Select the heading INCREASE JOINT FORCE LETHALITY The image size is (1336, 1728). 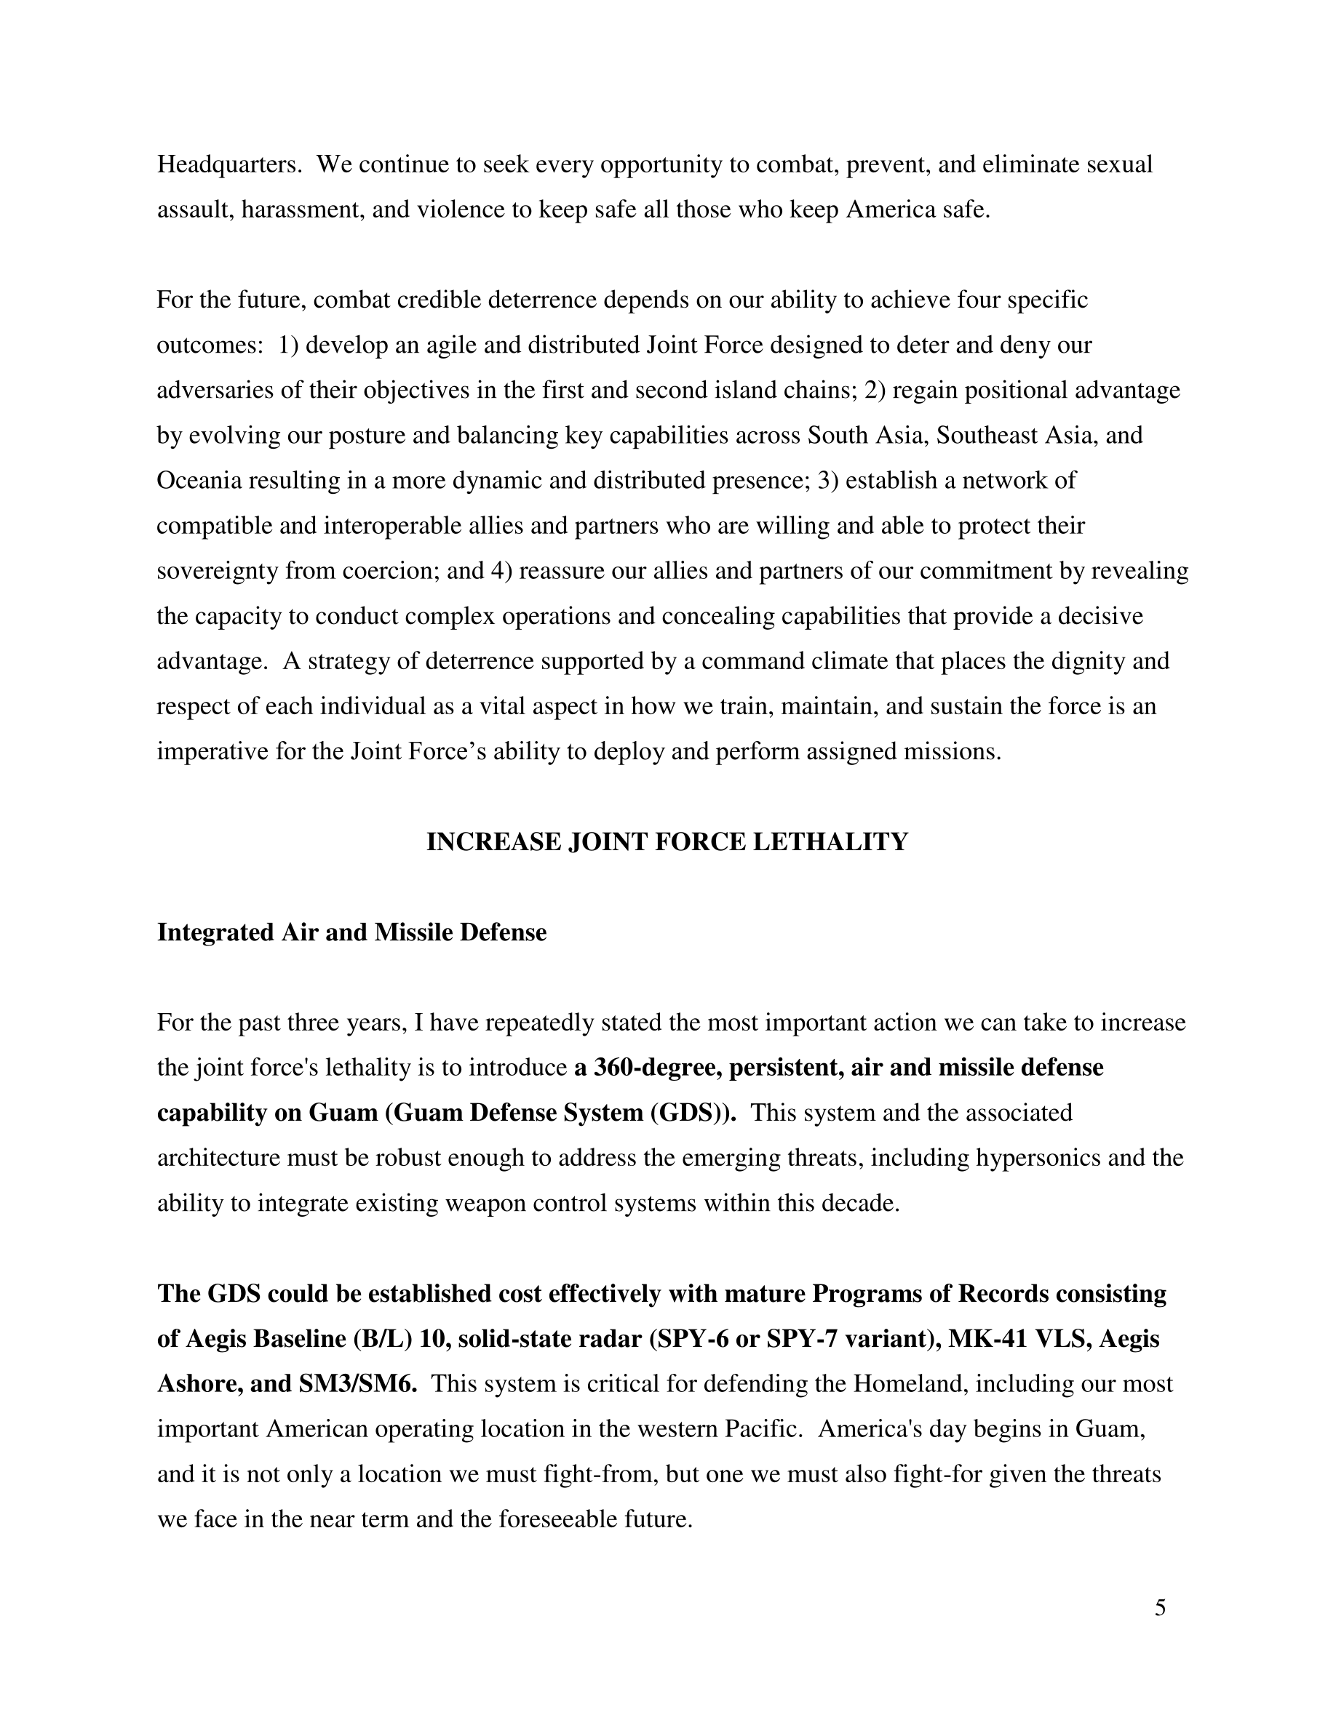(667, 843)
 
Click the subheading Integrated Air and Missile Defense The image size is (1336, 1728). (351, 933)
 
